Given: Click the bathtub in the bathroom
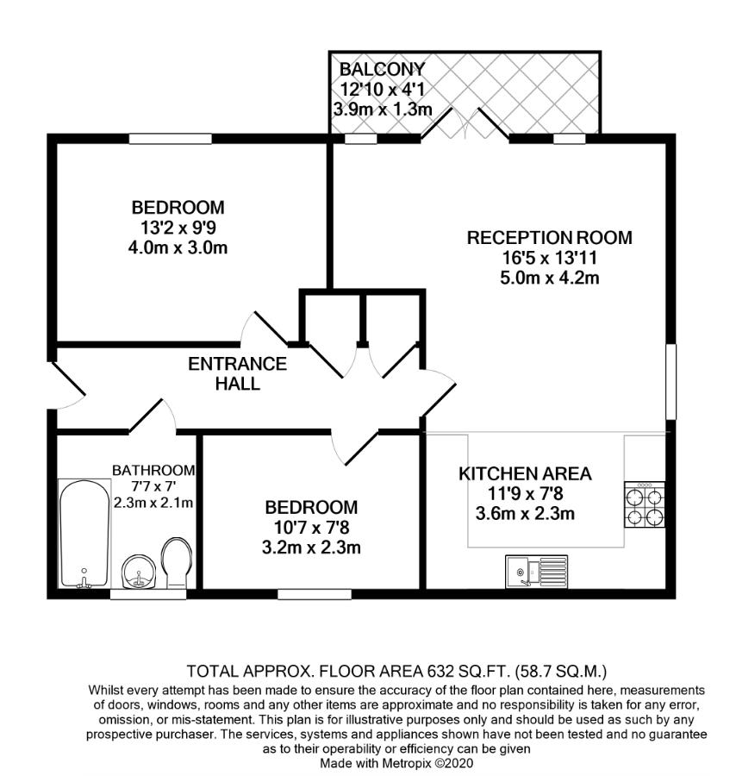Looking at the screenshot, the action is click(84, 534).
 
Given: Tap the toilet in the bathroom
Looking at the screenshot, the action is click(177, 563).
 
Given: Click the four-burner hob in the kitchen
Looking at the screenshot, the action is click(645, 504).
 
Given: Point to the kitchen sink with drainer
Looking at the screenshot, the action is click(537, 572).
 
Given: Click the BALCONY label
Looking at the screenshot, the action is click(383, 69).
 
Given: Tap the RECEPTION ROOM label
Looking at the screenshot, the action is click(550, 238).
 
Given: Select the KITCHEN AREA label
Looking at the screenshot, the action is click(526, 473).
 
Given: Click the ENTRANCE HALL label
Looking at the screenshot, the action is click(237, 373).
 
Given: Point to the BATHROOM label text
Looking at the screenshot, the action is click(153, 470).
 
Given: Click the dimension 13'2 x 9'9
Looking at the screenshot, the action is click(178, 228).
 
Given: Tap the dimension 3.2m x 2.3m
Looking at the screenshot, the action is click(311, 548).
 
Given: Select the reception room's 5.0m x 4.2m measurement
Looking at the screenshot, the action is click(550, 278).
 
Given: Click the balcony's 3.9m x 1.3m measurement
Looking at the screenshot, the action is click(383, 110).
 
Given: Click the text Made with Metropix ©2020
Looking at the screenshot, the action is click(396, 763).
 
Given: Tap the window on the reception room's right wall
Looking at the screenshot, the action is click(671, 382).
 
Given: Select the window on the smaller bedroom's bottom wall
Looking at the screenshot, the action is click(315, 594).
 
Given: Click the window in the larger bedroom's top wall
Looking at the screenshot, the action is click(171, 139).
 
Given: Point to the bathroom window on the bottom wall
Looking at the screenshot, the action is click(148, 594).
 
